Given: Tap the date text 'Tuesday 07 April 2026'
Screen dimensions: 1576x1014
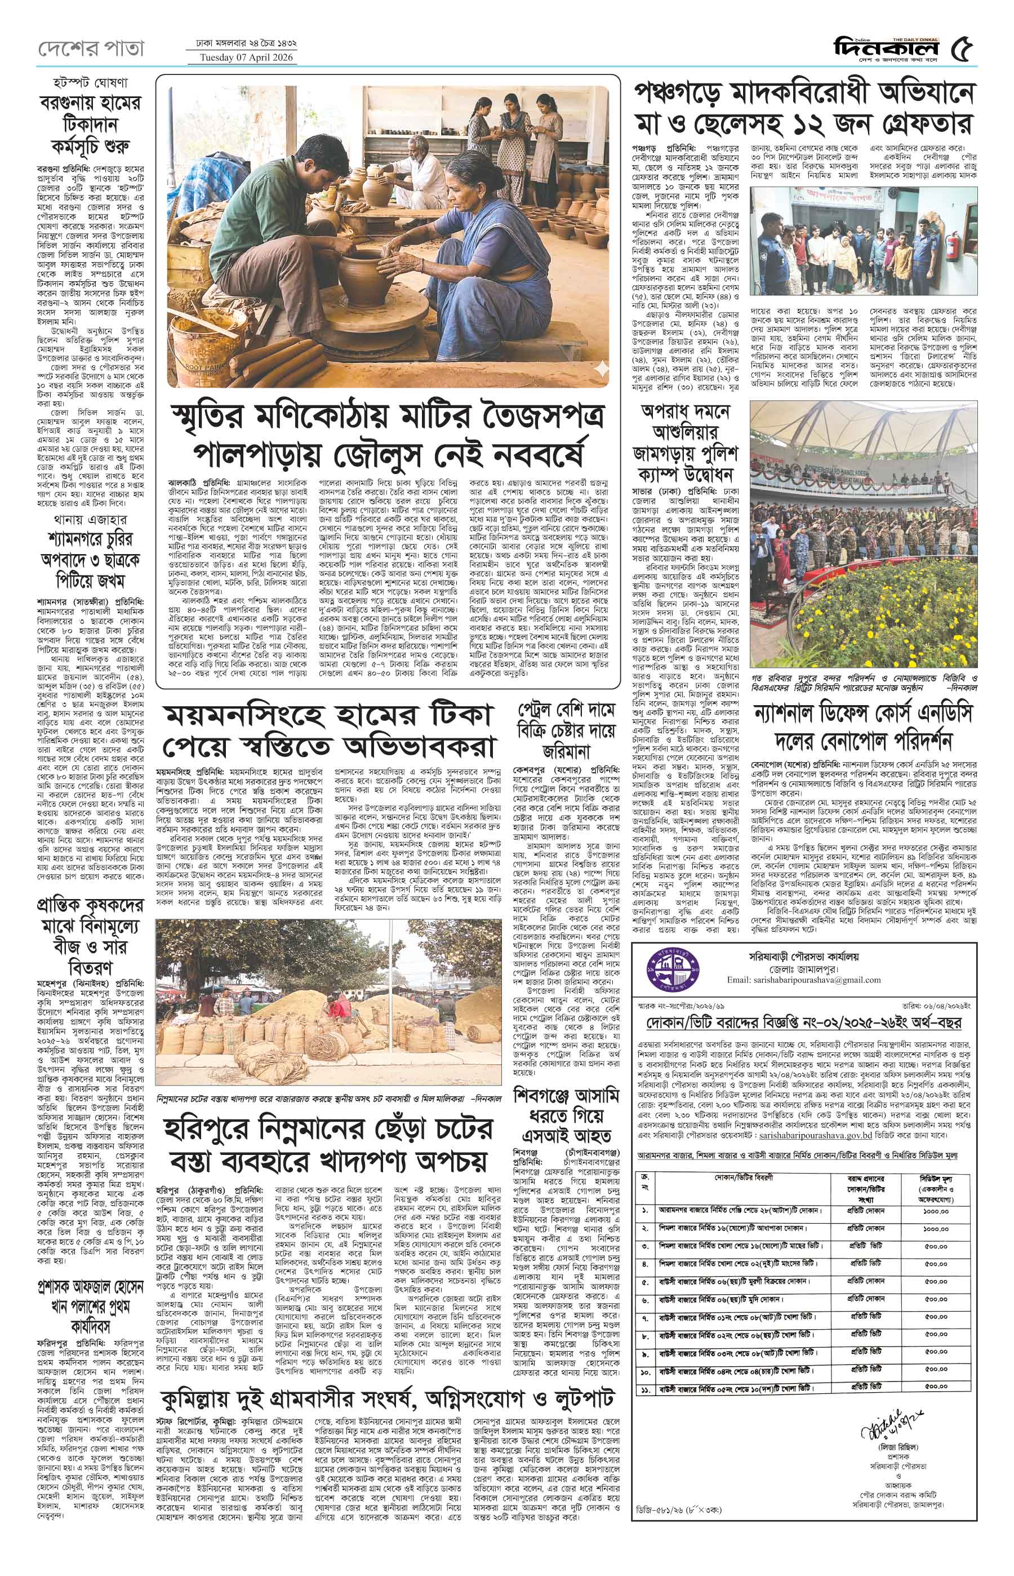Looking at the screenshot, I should tap(242, 57).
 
